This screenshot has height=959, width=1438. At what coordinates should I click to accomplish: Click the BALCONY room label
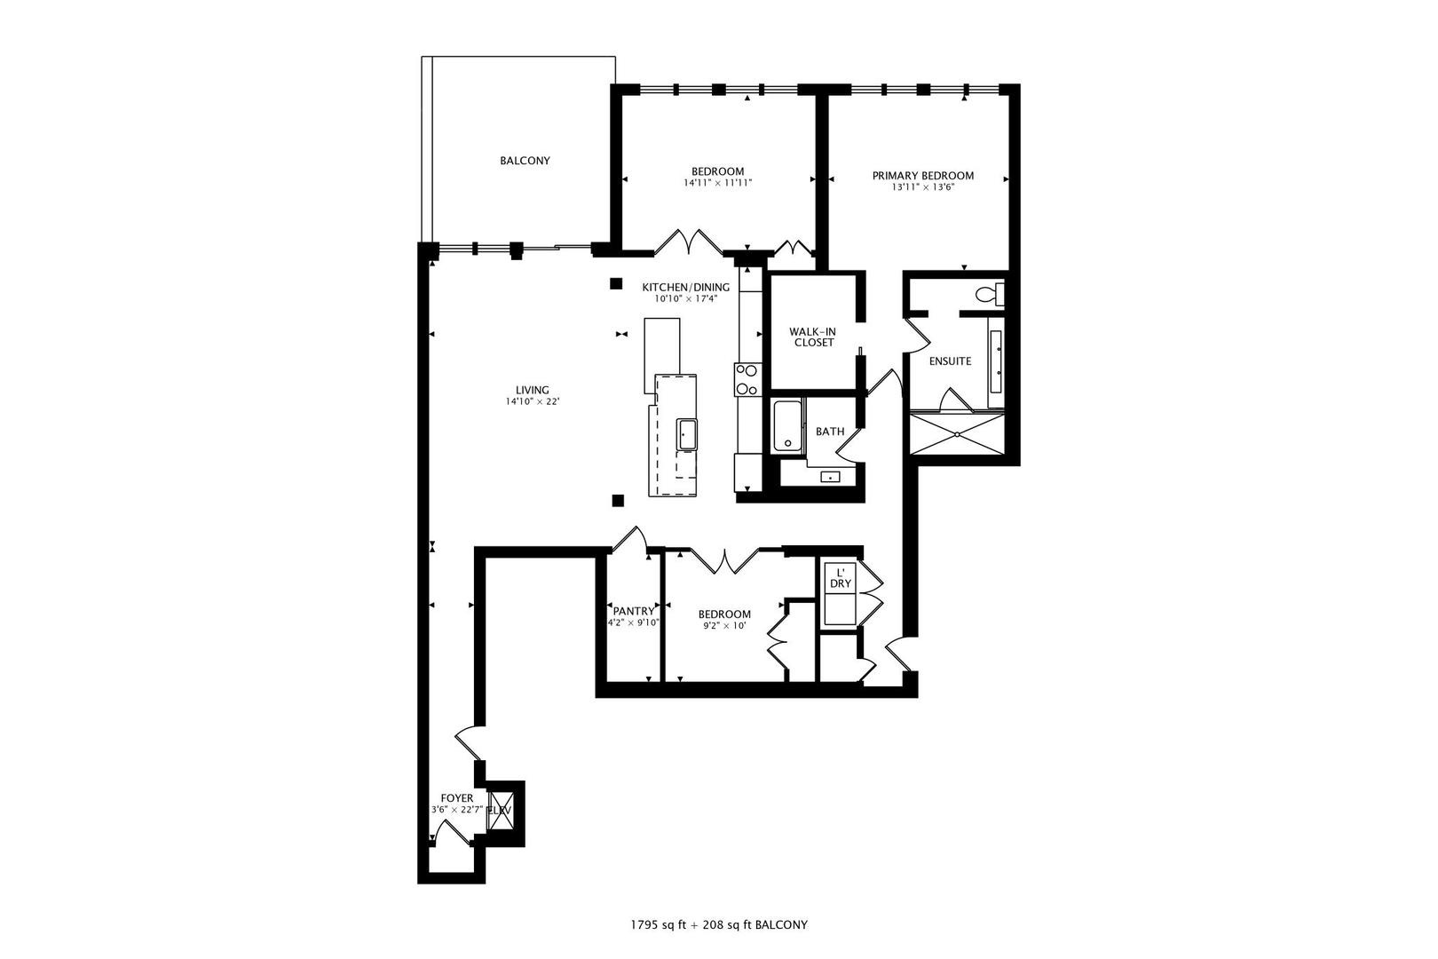point(525,161)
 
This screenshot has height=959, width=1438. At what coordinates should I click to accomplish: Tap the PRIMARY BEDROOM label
point(922,175)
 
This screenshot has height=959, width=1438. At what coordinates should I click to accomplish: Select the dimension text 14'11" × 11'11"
point(717,183)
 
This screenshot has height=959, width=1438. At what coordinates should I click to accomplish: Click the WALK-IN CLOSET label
point(813,337)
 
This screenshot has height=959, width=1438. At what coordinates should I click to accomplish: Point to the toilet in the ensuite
point(989,294)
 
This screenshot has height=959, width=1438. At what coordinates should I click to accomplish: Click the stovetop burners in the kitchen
point(748,379)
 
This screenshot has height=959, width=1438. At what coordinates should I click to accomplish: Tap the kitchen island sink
point(686,434)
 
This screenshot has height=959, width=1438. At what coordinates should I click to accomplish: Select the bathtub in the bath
point(787,426)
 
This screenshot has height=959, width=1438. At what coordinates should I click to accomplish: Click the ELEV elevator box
point(500,810)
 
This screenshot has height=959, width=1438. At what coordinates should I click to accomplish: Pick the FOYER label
point(456,798)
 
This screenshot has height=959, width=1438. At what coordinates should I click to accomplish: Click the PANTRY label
point(634,612)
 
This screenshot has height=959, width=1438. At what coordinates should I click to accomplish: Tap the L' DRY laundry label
point(841,578)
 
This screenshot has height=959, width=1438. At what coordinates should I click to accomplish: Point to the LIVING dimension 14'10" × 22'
point(533,401)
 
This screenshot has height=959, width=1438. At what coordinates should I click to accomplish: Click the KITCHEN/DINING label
point(685,287)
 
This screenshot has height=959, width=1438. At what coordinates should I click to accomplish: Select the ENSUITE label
point(950,361)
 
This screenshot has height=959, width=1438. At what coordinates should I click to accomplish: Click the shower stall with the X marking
point(957,434)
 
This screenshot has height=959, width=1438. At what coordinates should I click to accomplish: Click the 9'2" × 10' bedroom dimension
point(724,626)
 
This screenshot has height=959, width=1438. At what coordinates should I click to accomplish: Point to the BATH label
point(830,432)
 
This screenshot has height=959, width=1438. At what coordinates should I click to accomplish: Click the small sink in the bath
point(830,477)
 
